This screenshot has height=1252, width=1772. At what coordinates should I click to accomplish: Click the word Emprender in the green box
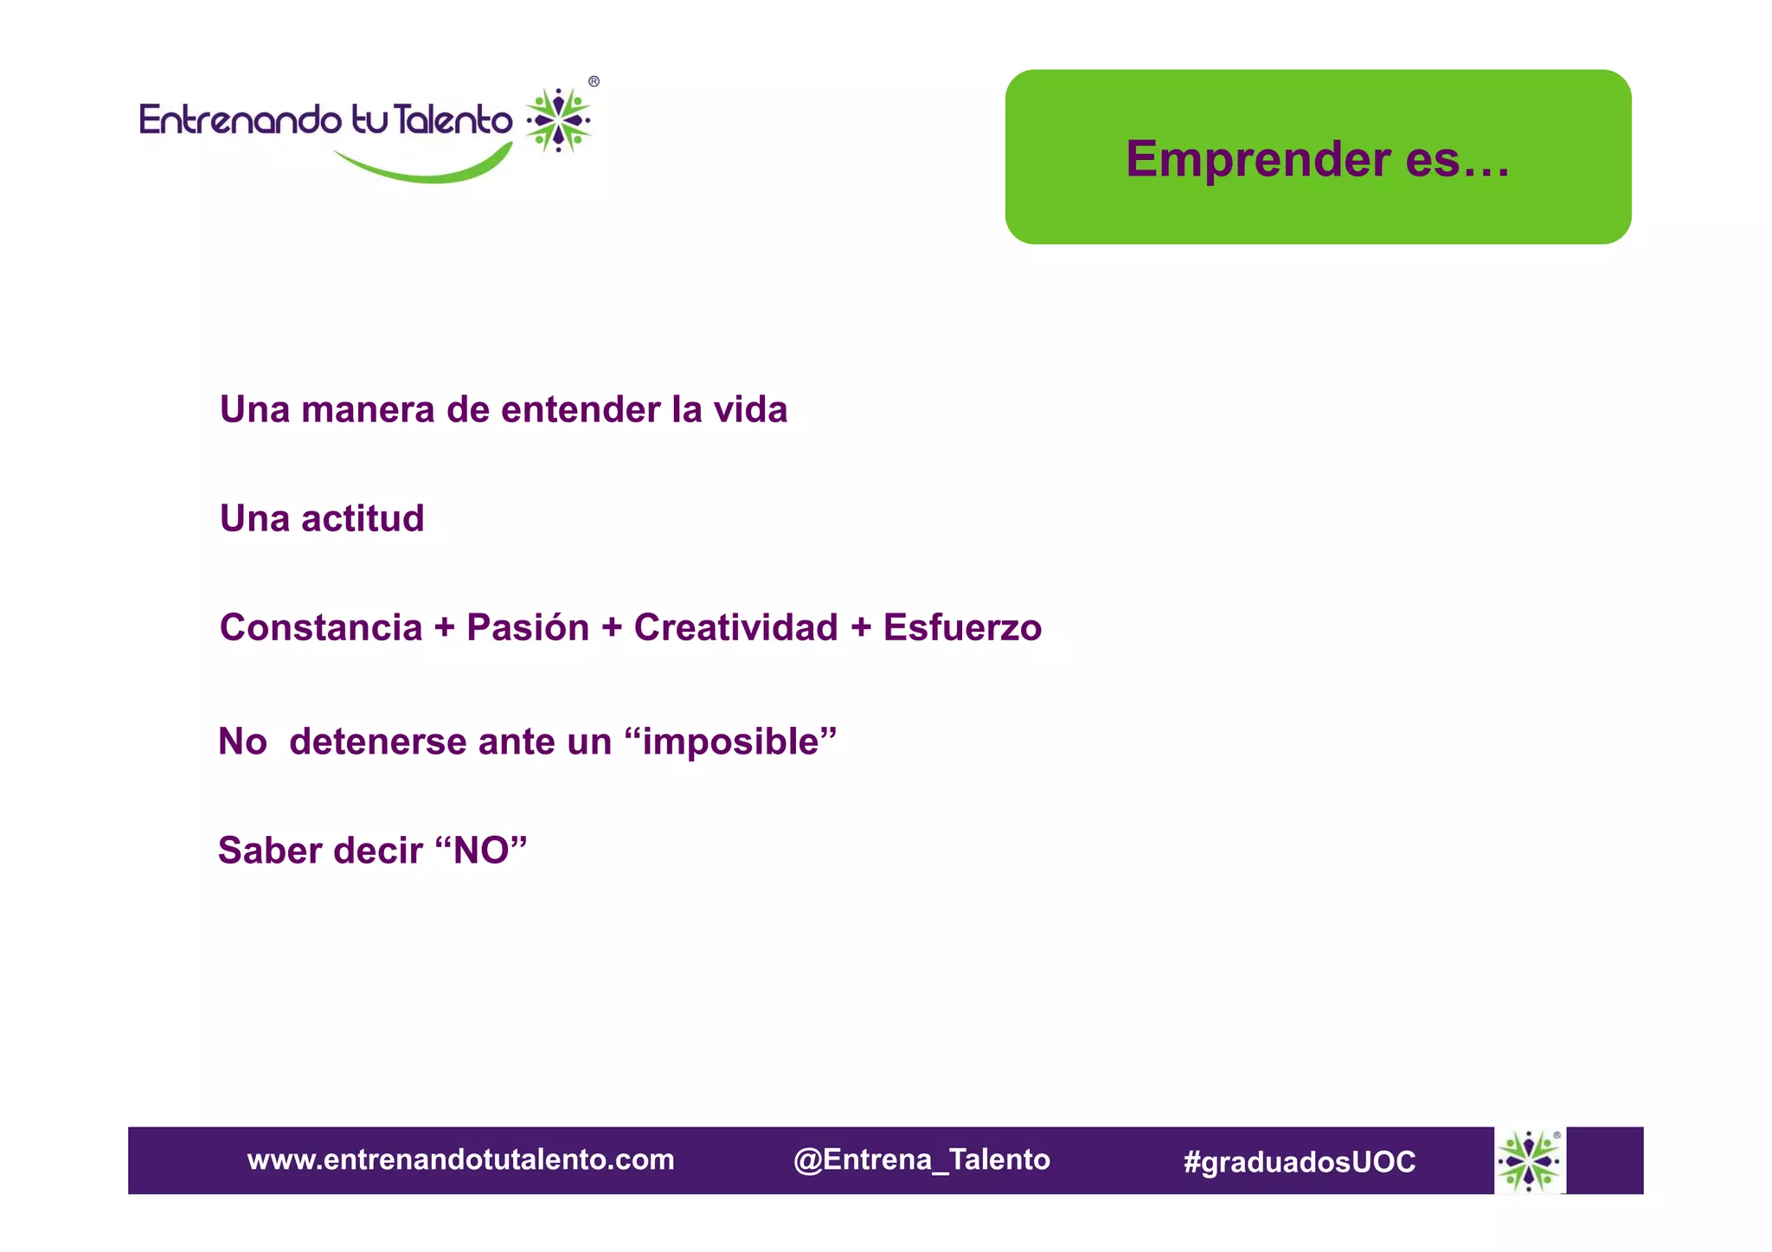pos(1258,160)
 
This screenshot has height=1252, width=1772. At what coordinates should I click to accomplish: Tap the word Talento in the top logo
pos(454,120)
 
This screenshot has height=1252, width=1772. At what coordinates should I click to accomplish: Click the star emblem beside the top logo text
pos(559,120)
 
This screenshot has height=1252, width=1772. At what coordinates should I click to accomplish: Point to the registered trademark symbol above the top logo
pos(594,82)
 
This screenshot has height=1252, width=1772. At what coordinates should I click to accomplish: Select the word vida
pos(750,410)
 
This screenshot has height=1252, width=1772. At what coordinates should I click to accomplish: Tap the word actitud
pos(363,519)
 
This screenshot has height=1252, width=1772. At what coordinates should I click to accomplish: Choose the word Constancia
pos(321,628)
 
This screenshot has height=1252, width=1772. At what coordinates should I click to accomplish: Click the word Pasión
pos(528,628)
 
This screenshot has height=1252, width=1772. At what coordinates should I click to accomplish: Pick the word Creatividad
pos(735,628)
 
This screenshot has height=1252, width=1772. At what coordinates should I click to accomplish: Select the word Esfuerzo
pos(962,628)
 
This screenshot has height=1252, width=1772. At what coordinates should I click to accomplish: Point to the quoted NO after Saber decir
pos(481,851)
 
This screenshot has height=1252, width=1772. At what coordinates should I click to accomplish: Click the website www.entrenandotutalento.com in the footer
pos(460,1159)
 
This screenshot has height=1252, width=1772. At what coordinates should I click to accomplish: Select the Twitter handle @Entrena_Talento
pos(921,1159)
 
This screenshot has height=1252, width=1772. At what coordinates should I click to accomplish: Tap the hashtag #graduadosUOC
pos(1300,1161)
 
